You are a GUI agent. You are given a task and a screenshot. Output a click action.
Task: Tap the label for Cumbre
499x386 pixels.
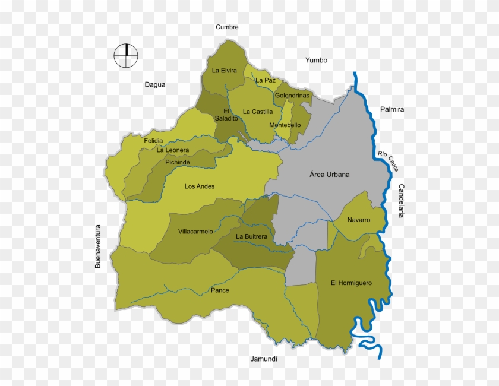(x=227, y=27)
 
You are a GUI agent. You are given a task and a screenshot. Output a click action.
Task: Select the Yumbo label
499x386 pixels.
(x=316, y=60)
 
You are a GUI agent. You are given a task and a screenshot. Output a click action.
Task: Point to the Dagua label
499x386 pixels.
(x=155, y=84)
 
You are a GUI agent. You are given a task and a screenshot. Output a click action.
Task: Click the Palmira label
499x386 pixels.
(x=392, y=109)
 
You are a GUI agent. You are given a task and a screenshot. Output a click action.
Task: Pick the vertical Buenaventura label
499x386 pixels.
(x=99, y=246)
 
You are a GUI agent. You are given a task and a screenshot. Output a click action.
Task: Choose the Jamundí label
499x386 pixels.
(x=264, y=359)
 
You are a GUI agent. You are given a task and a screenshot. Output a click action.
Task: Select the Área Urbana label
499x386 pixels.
(x=330, y=175)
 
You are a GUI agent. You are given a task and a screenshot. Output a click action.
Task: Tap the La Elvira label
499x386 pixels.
(x=225, y=71)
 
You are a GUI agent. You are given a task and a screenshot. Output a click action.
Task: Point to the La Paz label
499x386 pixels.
(x=266, y=80)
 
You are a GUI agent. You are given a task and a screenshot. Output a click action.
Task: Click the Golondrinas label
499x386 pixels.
(x=292, y=96)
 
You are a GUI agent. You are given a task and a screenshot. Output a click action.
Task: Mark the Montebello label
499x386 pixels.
(x=285, y=125)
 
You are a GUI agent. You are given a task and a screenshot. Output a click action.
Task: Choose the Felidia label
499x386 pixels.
(x=154, y=141)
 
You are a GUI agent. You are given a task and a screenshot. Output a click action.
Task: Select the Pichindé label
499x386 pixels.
(x=178, y=162)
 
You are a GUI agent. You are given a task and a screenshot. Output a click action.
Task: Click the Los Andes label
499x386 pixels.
(x=200, y=186)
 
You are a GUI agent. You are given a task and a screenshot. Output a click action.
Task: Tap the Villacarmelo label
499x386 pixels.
(x=195, y=232)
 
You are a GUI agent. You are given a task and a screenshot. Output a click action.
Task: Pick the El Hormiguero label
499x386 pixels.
(x=351, y=283)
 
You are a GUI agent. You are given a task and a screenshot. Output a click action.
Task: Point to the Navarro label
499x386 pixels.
(x=359, y=220)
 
